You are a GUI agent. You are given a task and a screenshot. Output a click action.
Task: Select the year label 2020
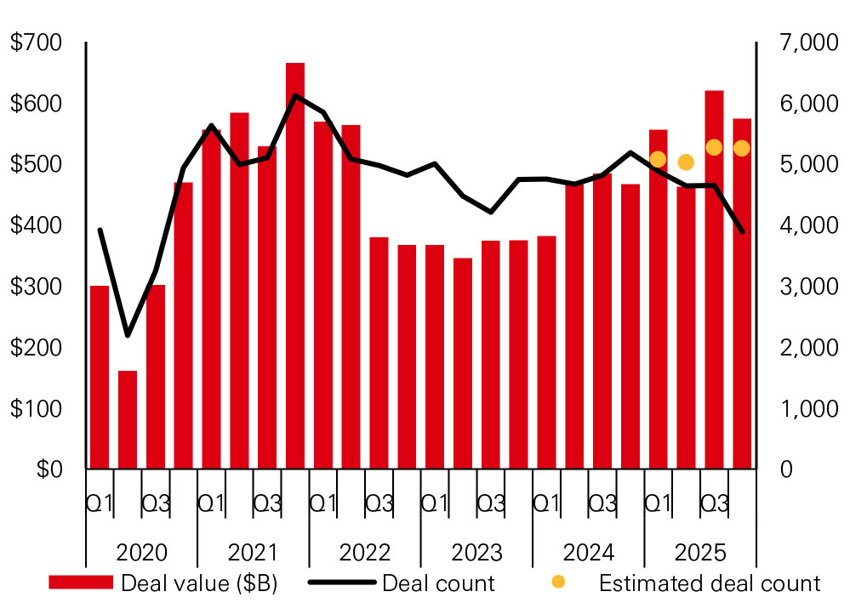click(141, 553)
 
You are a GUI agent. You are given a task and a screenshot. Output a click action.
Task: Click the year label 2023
click(476, 553)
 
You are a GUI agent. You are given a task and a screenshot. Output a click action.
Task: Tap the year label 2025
click(700, 553)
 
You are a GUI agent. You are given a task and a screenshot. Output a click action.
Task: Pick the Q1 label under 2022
click(322, 503)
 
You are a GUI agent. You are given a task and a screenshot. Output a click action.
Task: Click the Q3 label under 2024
click(602, 503)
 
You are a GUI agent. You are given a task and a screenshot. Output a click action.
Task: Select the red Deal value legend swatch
click(81, 583)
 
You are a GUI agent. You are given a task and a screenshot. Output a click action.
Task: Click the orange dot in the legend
click(558, 583)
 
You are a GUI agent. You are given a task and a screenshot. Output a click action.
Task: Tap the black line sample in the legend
click(341, 583)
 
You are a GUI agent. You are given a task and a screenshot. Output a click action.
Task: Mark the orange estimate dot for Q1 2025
click(658, 159)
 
